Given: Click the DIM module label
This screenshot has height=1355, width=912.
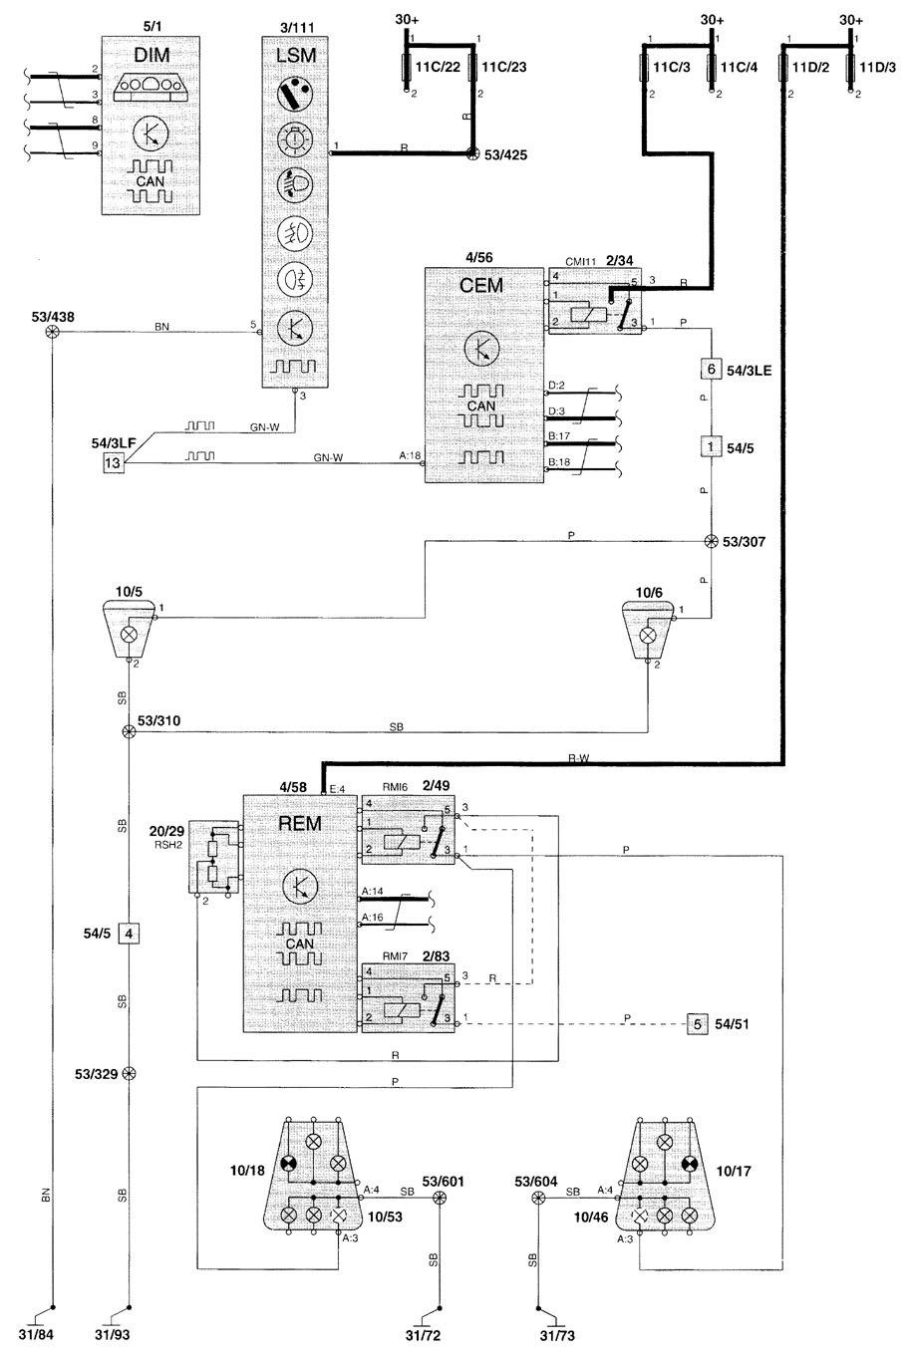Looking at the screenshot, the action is tap(152, 55).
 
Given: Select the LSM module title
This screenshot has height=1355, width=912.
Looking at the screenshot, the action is tap(296, 56).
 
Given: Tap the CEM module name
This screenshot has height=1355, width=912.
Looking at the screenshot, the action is tap(481, 285).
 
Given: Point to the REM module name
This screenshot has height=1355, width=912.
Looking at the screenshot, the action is tap(300, 823).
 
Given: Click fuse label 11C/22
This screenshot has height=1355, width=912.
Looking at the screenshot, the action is tap(439, 67).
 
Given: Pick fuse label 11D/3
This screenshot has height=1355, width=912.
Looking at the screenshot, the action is tap(877, 67).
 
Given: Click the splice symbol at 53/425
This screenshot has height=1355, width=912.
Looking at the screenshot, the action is tap(472, 153).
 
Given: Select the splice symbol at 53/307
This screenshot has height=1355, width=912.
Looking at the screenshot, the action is tap(711, 541).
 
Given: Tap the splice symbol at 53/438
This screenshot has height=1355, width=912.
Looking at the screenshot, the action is tap(53, 332).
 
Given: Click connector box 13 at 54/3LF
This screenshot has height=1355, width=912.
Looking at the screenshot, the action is tap(113, 463).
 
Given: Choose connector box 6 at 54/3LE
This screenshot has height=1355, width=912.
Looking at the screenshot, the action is tap(711, 369).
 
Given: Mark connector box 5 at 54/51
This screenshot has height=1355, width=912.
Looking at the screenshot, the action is tap(697, 1024).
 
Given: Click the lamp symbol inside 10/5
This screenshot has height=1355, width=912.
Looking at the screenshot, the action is tap(129, 634).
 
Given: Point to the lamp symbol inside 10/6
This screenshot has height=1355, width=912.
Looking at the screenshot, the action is tap(648, 636).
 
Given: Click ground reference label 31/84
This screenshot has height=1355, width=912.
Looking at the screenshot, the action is tap(36, 1334).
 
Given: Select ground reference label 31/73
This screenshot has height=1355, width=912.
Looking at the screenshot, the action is tap(557, 1335).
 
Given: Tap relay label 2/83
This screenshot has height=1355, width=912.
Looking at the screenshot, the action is tap(436, 956).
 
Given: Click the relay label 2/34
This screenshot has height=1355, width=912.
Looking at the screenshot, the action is tap(619, 261).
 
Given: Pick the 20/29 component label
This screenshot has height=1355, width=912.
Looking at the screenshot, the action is tap(166, 831).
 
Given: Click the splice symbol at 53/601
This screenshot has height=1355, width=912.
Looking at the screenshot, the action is tap(440, 1198).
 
